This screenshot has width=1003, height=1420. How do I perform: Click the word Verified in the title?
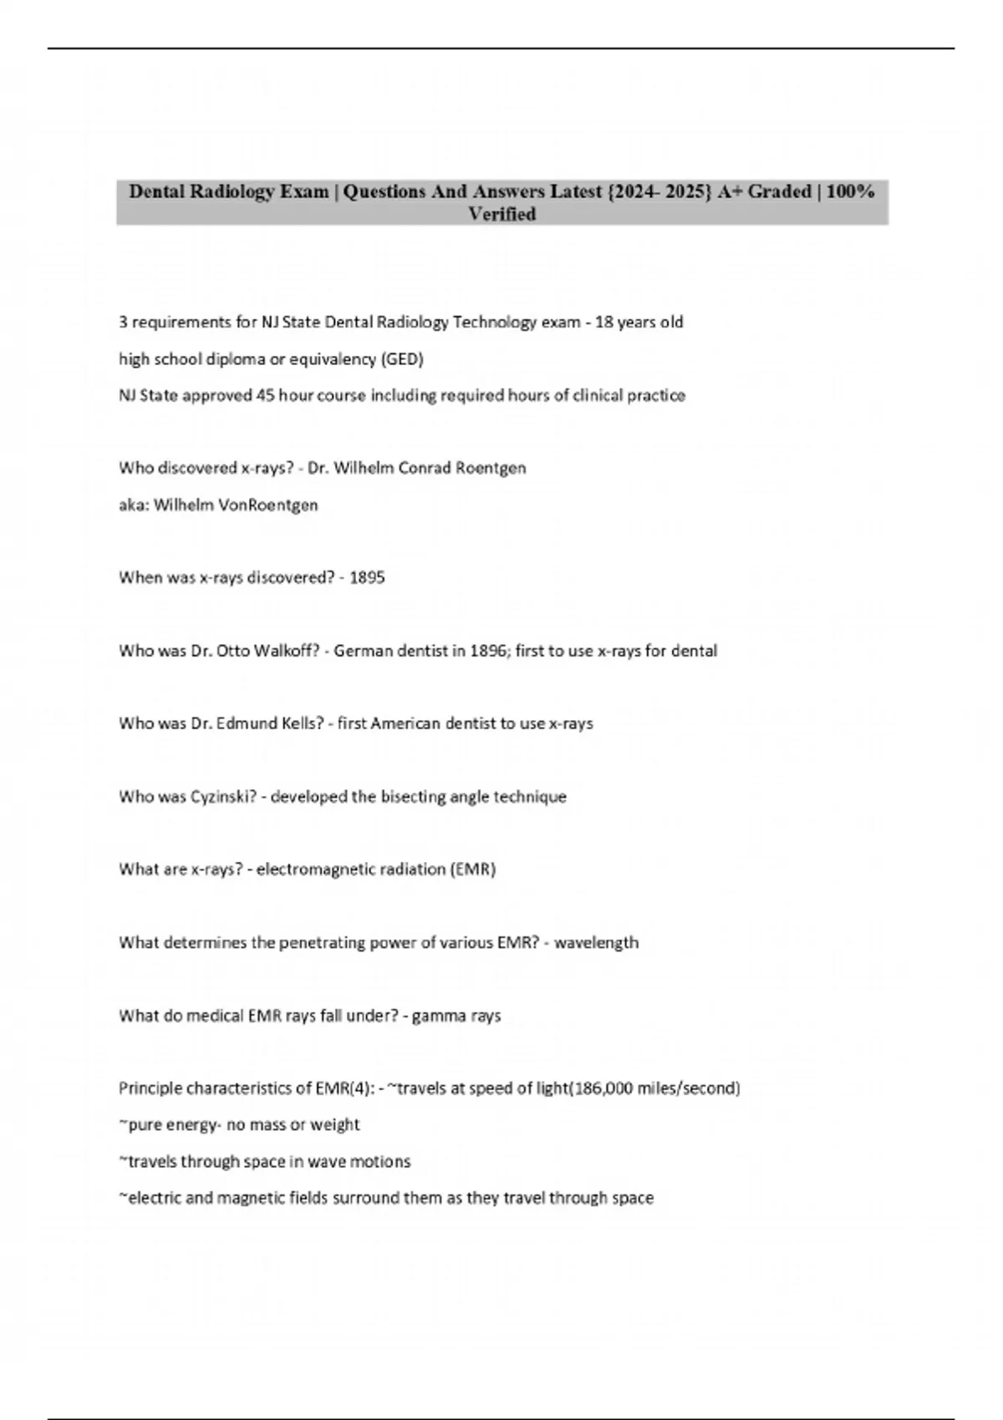[x=501, y=215]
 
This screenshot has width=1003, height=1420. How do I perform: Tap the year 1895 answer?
[x=367, y=577]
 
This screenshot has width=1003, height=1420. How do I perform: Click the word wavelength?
[x=596, y=942]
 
